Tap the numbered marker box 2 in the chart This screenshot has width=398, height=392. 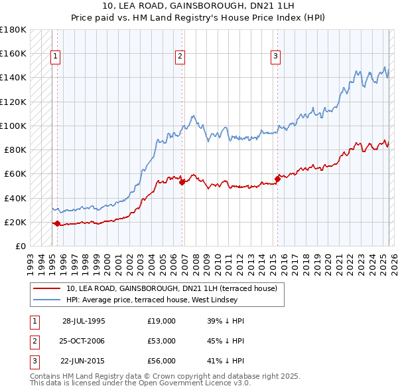[180, 57]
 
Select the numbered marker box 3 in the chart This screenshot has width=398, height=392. [275, 57]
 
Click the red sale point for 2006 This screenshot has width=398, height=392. [181, 182]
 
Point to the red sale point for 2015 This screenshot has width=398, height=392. [277, 179]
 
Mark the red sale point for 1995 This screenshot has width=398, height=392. [57, 223]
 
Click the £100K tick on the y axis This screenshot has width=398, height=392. [13, 126]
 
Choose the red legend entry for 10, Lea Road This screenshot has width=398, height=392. [175, 288]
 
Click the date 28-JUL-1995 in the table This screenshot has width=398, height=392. [84, 320]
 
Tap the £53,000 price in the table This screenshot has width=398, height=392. [162, 341]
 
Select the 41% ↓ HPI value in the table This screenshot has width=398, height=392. [226, 361]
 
